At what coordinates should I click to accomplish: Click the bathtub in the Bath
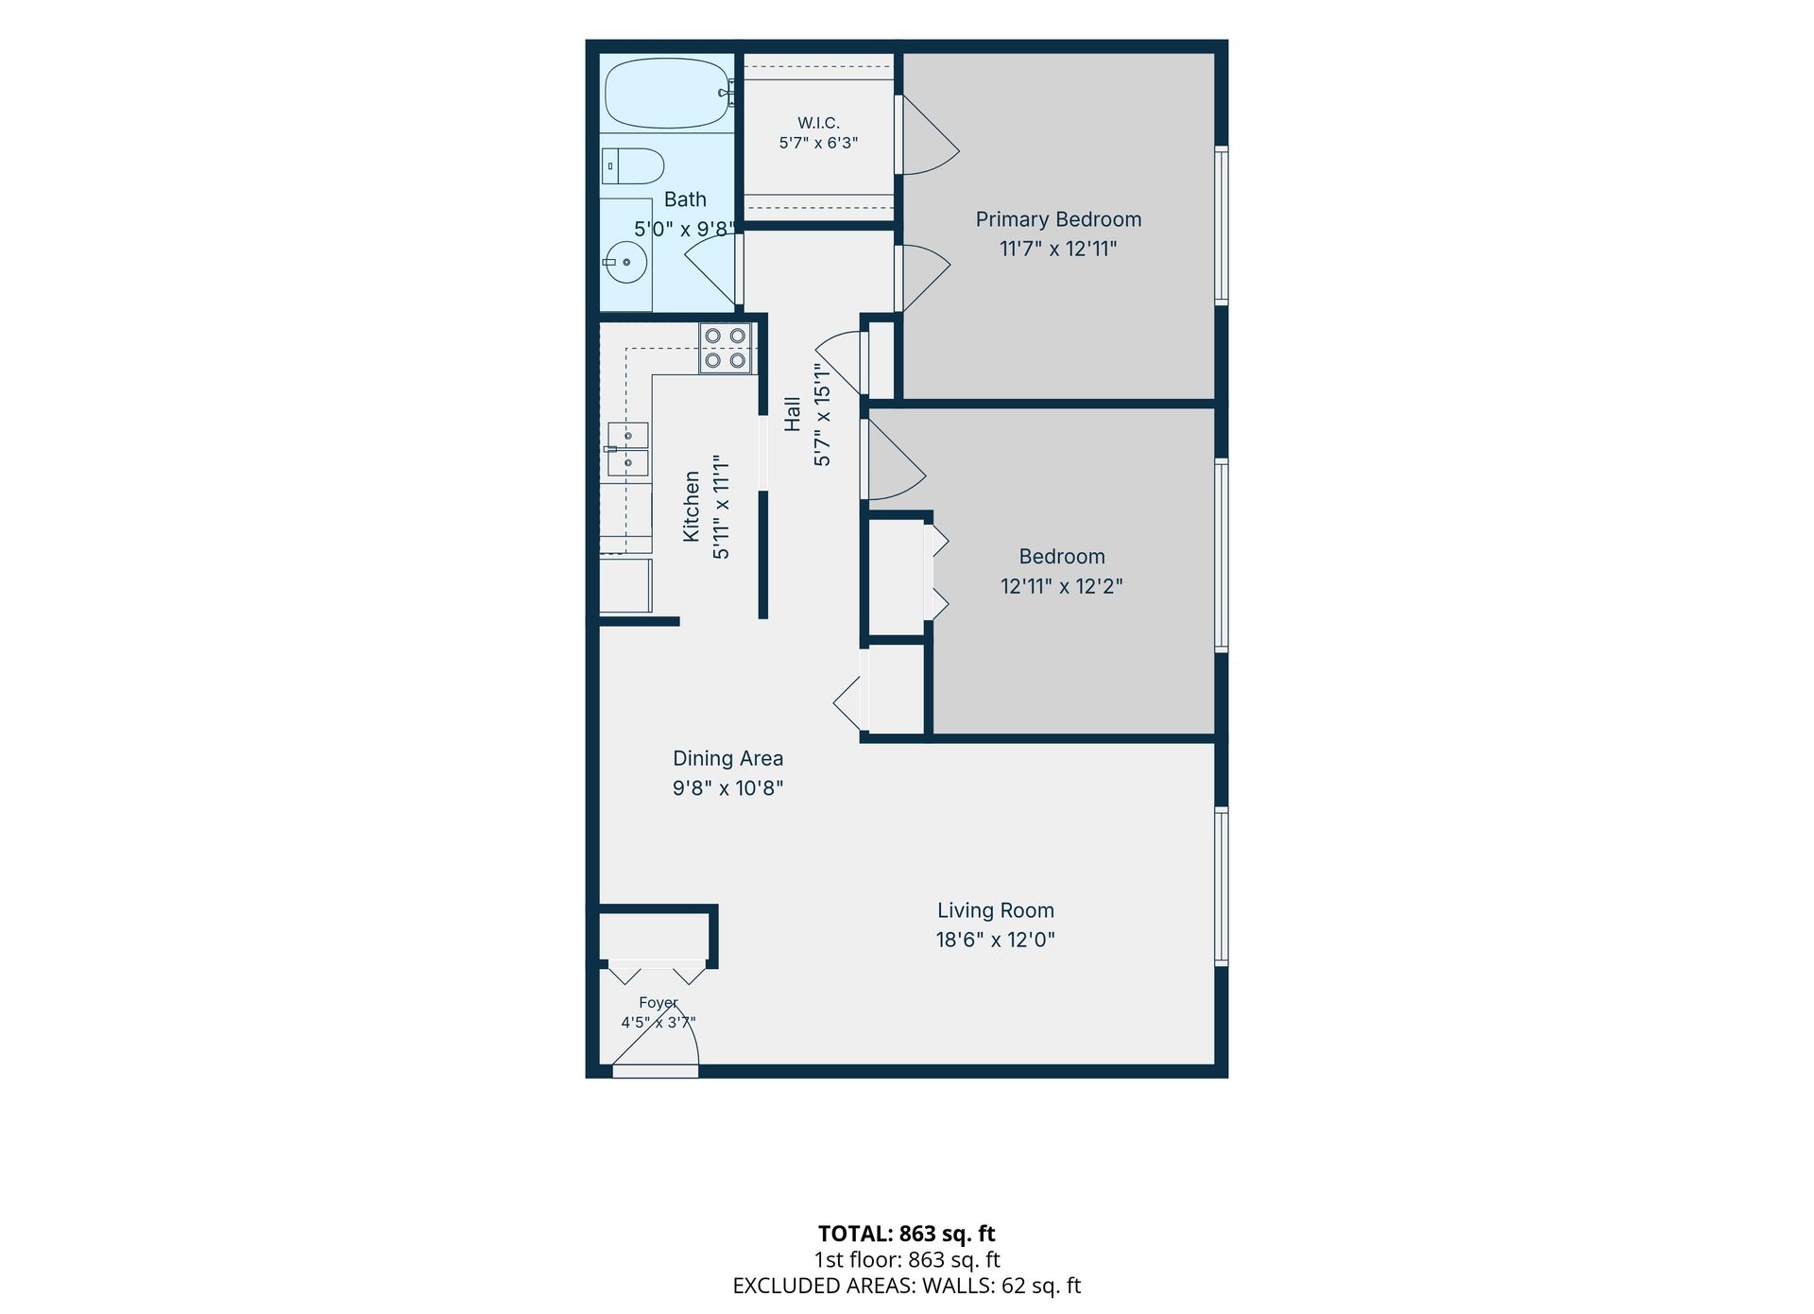(x=668, y=94)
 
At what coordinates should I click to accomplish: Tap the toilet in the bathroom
(x=633, y=166)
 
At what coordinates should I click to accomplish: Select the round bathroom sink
(x=625, y=262)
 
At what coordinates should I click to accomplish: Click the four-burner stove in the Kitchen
(x=726, y=348)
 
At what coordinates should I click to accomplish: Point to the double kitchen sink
(x=628, y=449)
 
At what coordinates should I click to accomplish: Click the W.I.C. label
(x=818, y=123)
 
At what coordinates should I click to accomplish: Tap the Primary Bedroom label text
(x=1058, y=219)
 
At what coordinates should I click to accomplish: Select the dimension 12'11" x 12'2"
(x=1062, y=586)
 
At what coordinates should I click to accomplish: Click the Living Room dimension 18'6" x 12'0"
(x=996, y=940)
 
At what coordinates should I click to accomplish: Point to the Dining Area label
(x=727, y=758)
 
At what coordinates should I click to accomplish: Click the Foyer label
(x=659, y=1003)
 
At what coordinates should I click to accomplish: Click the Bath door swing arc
(x=710, y=268)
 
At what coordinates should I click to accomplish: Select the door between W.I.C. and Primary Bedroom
(x=927, y=135)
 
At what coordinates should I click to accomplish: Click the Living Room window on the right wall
(x=1222, y=887)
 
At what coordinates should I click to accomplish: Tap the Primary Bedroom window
(x=1222, y=225)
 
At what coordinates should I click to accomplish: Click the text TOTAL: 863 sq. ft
(x=907, y=1234)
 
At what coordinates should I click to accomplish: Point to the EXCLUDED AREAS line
(x=907, y=1286)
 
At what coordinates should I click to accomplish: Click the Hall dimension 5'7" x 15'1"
(x=822, y=415)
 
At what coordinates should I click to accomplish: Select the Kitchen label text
(x=692, y=507)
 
